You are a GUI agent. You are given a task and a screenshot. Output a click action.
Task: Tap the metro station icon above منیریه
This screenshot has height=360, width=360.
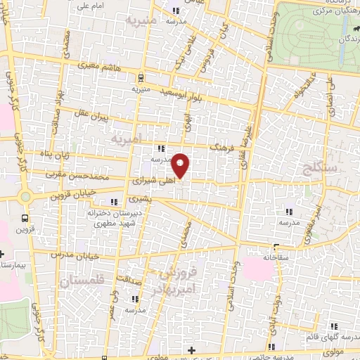141,77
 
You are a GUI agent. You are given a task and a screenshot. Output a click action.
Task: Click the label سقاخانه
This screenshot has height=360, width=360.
277,257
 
